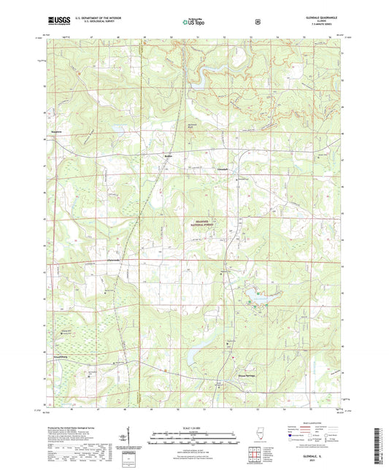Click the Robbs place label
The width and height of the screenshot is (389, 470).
[x=169, y=155]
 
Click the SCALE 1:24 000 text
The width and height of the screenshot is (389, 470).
[x=194, y=428]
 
